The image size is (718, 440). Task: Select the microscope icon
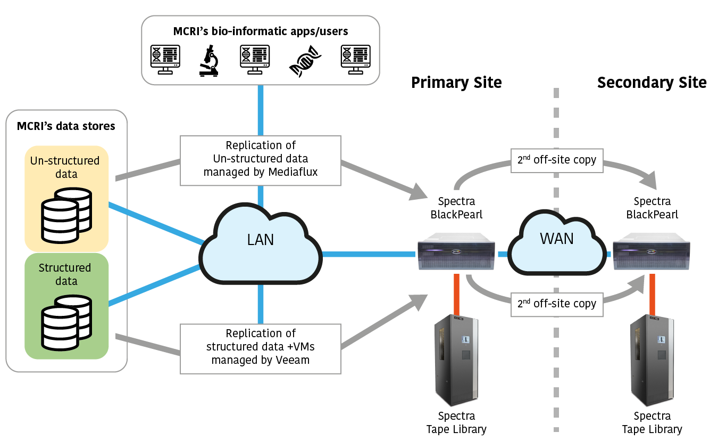point(210,61)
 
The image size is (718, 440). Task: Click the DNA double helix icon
point(305,61)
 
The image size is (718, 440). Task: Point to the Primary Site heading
point(456,83)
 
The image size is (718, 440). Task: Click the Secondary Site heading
point(652,83)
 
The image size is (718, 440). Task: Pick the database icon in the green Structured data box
point(66,321)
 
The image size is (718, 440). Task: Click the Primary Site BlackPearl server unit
point(456,254)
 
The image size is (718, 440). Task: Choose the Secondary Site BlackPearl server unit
point(652,254)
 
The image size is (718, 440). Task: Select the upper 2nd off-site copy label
point(556,160)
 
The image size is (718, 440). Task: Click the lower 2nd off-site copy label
point(556,304)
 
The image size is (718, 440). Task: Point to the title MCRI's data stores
point(66,126)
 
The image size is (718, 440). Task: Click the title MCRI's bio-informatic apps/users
point(261,31)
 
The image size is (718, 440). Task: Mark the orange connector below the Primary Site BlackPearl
point(456,293)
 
